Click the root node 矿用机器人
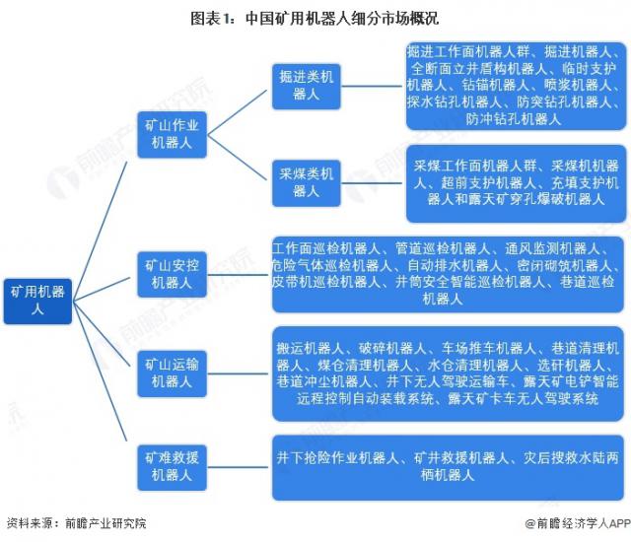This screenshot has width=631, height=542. click(36, 300)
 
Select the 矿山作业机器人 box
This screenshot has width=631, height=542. click(172, 134)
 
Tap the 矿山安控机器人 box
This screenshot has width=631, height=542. click(172, 274)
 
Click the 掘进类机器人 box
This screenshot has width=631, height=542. click(306, 85)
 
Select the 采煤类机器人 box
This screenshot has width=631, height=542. click(306, 182)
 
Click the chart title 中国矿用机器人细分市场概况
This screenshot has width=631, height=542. click(315, 17)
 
